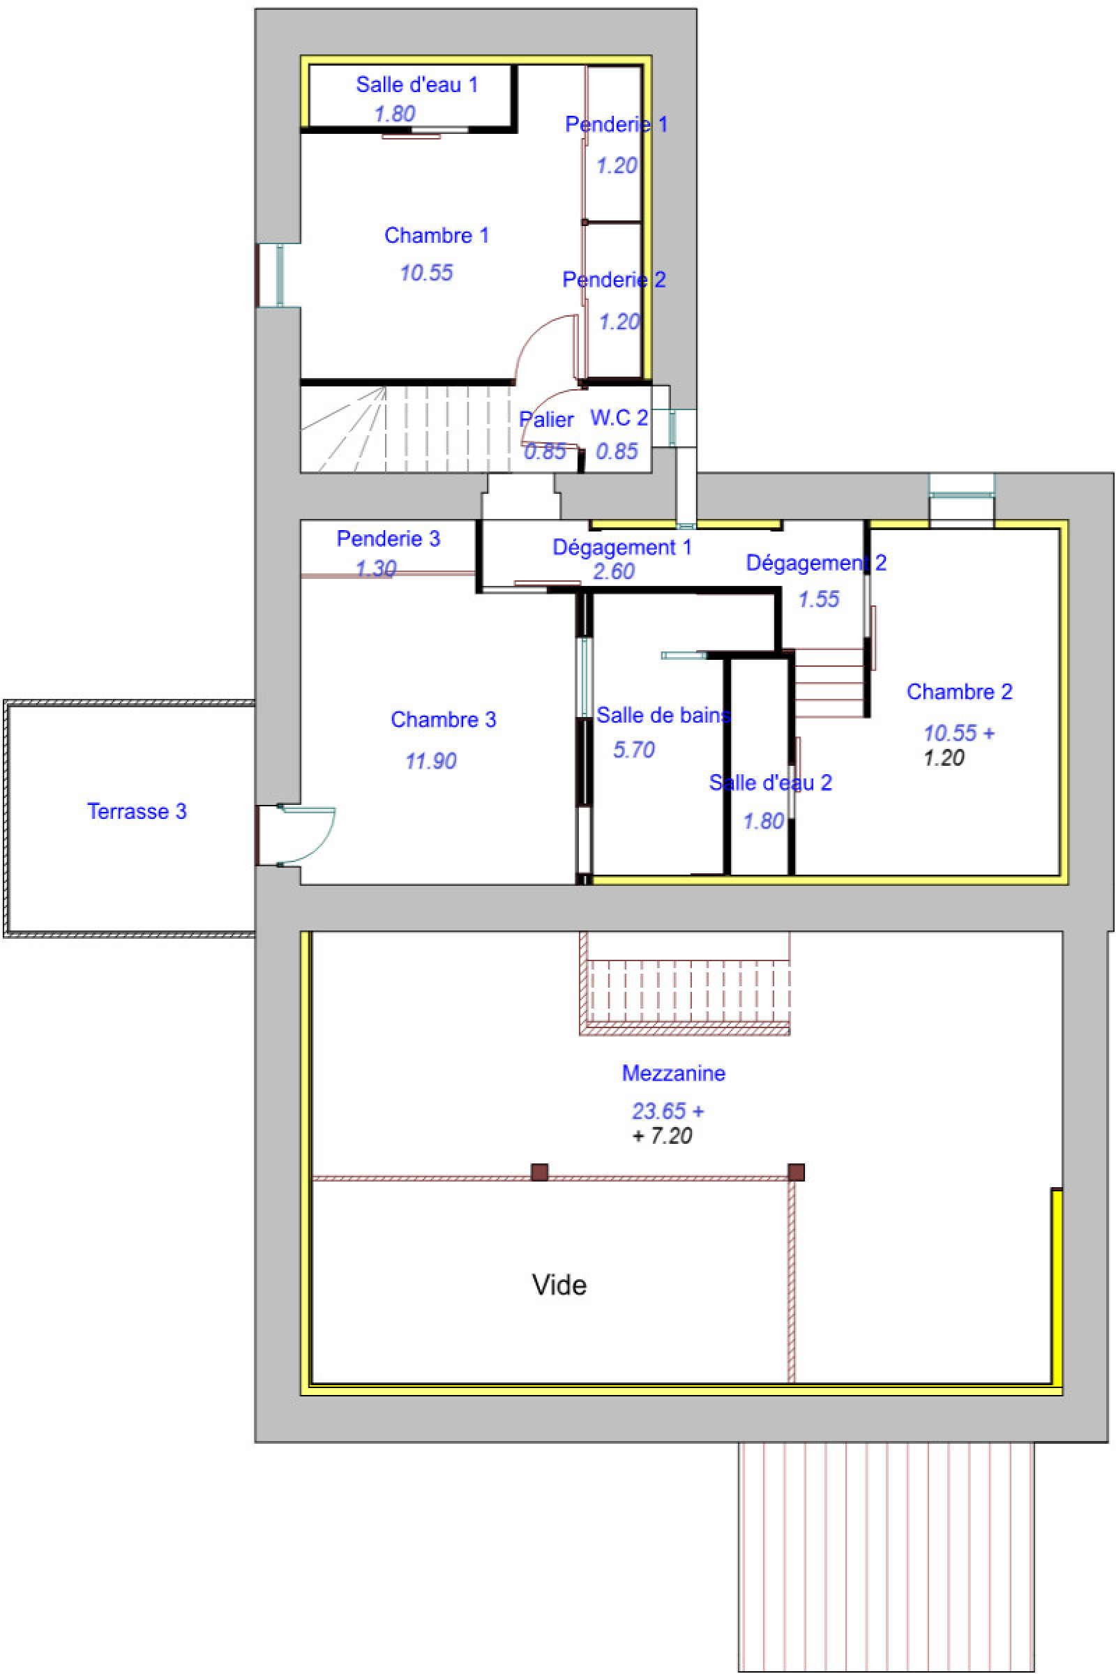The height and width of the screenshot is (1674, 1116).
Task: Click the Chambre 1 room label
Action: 437,236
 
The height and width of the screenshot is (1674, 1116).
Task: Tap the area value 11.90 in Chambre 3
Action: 430,761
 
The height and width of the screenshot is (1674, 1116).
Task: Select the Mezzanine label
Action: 673,1073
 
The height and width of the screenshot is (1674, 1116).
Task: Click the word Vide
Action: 559,1285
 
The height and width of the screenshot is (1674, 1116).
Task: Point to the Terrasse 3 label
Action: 137,811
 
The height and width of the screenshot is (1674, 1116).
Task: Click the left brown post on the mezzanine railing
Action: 539,1172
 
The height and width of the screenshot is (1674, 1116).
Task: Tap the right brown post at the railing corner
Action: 796,1172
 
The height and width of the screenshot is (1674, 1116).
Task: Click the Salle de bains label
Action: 663,716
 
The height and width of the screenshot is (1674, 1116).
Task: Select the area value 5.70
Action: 633,749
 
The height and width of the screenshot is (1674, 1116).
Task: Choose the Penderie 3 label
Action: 388,538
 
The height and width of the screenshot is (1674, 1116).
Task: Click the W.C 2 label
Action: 619,418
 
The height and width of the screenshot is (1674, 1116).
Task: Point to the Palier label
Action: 546,420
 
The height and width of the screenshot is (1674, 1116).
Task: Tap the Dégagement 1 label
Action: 621,548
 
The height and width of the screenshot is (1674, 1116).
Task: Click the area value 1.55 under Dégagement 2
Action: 818,599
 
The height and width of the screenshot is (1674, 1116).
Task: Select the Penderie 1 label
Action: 617,125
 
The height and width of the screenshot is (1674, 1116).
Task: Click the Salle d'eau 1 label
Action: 416,84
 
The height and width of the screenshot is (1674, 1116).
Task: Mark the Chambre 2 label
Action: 958,692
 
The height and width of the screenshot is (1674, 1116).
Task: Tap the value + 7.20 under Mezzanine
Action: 662,1136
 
